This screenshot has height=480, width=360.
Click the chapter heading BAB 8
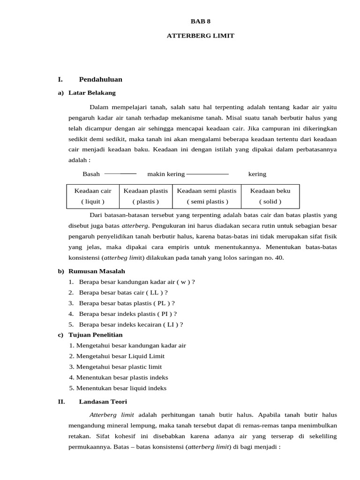(x=197, y=21)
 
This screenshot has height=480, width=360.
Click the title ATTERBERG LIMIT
(x=200, y=36)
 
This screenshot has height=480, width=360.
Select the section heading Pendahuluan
(x=100, y=79)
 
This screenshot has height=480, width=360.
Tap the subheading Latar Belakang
(x=92, y=92)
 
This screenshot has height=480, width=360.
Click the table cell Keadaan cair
(x=93, y=196)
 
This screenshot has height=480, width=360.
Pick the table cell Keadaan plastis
(x=145, y=196)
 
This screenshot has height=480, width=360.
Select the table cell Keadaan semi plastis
(x=206, y=196)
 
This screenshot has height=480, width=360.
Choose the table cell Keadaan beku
(x=270, y=196)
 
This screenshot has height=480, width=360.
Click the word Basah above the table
(x=91, y=174)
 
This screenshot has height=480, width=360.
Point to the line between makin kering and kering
(x=207, y=174)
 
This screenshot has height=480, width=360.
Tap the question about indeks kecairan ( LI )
(x=131, y=324)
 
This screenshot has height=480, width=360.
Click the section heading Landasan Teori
(x=103, y=402)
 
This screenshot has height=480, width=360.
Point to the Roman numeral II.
(x=61, y=402)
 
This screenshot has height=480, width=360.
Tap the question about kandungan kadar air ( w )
(x=137, y=282)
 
